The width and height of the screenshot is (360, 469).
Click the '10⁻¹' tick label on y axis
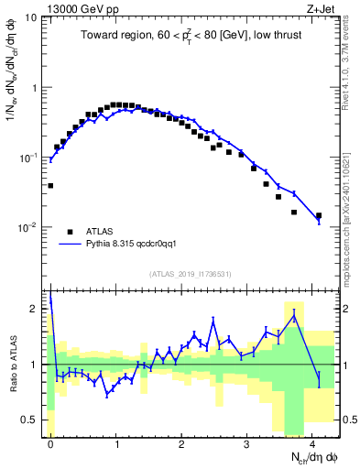pos(27,158)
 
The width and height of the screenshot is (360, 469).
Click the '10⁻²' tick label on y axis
pos(27,227)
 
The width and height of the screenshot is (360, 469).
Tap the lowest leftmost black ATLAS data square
pos(50,185)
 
